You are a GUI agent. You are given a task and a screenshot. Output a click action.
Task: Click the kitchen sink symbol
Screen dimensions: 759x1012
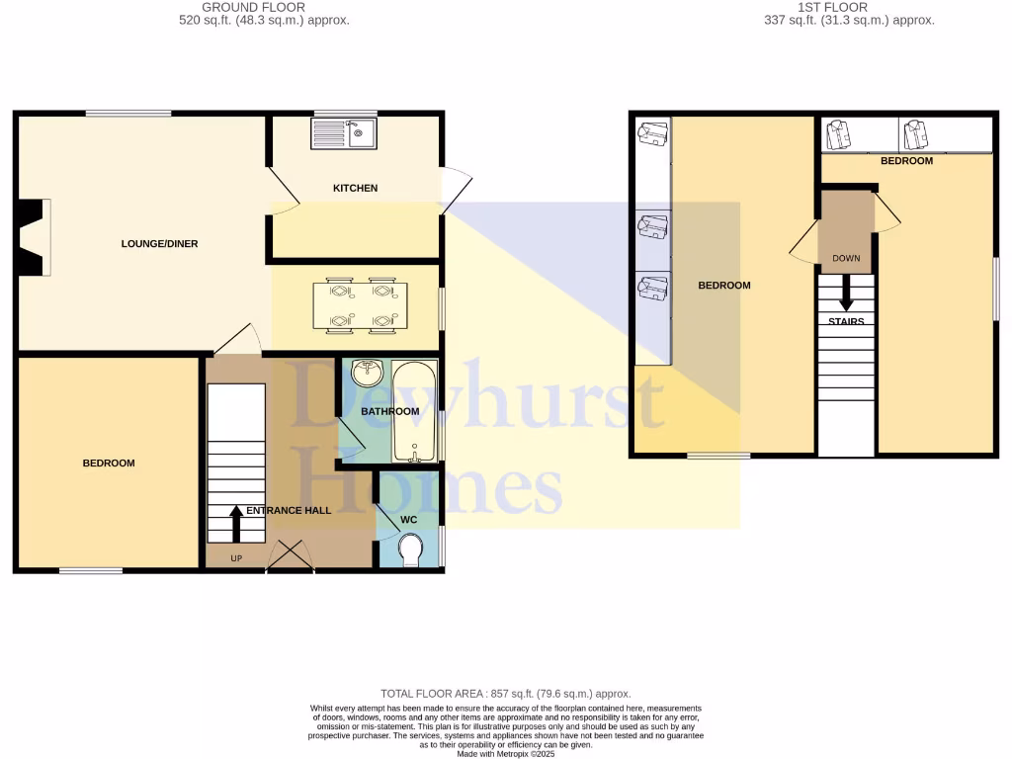pyautogui.click(x=342, y=133)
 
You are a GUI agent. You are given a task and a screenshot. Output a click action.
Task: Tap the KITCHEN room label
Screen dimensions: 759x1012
pyautogui.click(x=355, y=188)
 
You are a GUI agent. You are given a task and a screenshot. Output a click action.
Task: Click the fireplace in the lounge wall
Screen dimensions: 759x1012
pyautogui.click(x=33, y=237)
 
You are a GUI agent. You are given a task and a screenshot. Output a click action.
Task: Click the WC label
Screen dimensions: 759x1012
pyautogui.click(x=408, y=519)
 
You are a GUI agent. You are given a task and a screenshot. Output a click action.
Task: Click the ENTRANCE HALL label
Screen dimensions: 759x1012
pyautogui.click(x=289, y=511)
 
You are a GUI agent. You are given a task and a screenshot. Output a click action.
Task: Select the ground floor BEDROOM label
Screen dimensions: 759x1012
pyautogui.click(x=108, y=463)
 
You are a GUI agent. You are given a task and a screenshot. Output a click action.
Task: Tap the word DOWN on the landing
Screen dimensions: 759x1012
pyautogui.click(x=846, y=259)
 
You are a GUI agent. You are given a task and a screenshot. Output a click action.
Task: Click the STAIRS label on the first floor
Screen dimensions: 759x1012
pyautogui.click(x=846, y=322)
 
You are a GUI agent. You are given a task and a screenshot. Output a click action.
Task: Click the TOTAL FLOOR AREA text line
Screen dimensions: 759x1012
pyautogui.click(x=505, y=694)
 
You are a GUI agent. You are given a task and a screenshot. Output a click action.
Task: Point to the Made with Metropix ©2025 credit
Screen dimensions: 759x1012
pyautogui.click(x=505, y=753)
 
